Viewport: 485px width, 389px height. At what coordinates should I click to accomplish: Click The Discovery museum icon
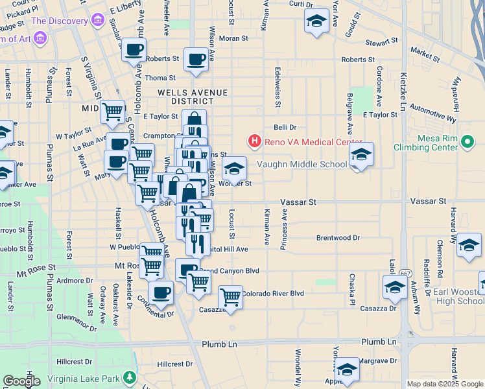[98, 21]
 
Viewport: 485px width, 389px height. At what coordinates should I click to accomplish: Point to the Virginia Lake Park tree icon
[130, 377]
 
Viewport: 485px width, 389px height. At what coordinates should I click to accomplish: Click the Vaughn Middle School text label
[302, 164]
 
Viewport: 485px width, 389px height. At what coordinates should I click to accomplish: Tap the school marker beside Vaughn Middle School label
[361, 155]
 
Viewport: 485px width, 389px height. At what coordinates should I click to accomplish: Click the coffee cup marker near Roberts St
[196, 60]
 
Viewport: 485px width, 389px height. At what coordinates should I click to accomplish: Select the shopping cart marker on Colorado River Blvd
[230, 297]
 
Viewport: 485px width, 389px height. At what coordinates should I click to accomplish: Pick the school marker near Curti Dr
[316, 21]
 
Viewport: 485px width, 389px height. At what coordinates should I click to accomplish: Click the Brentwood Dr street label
[338, 238]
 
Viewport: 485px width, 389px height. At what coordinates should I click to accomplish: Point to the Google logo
[21, 381]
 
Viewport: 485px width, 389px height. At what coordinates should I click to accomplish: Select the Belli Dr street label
[285, 128]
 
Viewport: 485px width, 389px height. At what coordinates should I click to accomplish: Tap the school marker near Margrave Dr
[347, 370]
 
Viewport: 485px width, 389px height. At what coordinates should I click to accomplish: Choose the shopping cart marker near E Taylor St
[113, 112]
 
